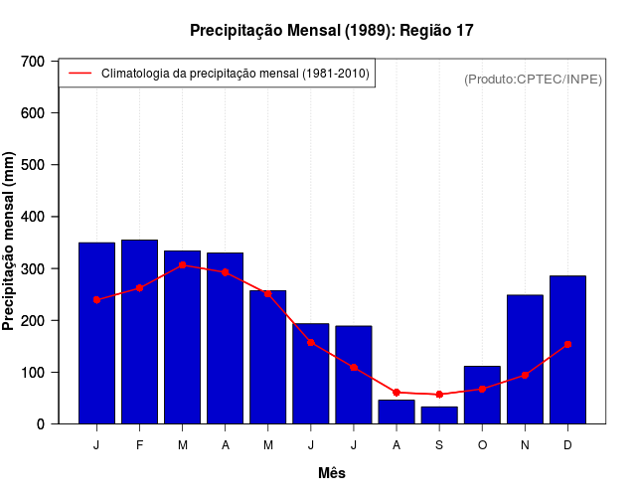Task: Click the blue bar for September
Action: (x=439, y=414)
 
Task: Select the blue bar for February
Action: (x=139, y=332)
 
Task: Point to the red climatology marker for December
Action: (x=567, y=344)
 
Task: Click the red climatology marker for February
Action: (x=139, y=288)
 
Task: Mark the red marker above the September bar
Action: (x=439, y=395)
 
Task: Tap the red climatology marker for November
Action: (x=525, y=375)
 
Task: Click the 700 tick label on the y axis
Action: (x=33, y=62)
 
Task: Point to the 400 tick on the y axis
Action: (x=33, y=217)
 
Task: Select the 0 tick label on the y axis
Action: (x=40, y=424)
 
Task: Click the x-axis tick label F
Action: (x=139, y=445)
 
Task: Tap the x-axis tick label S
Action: (x=439, y=445)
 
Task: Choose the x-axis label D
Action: (x=567, y=445)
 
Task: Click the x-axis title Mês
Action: (x=332, y=473)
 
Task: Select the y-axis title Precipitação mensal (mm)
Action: (x=10, y=243)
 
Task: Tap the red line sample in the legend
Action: (x=79, y=74)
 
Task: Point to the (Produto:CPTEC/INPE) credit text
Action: (x=533, y=79)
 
